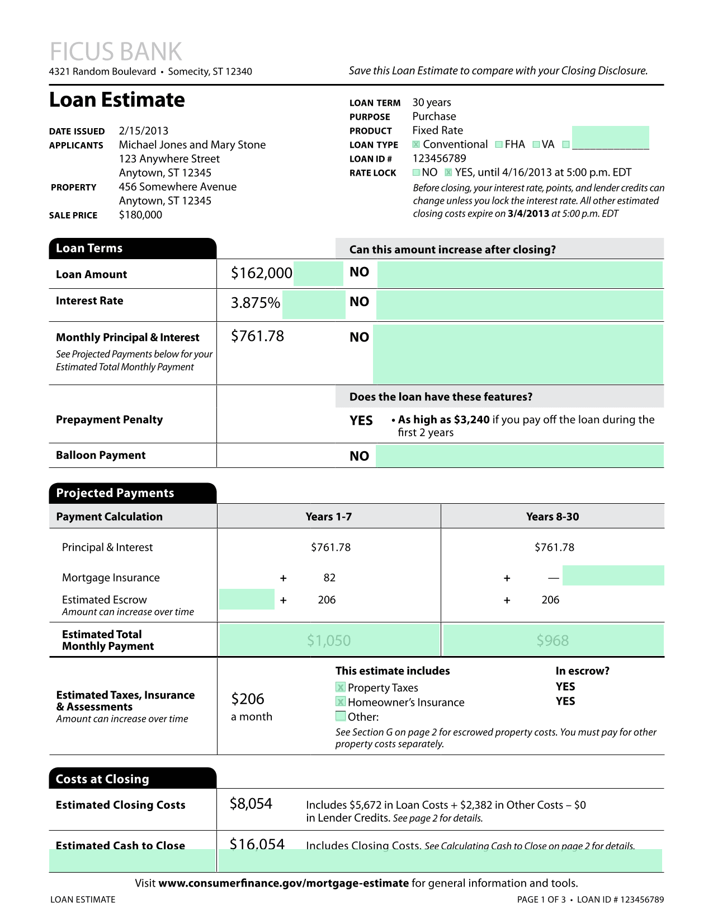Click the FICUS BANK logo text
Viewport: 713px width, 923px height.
pos(116,51)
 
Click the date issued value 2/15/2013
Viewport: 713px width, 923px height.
pos(143,131)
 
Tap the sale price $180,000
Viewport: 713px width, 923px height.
pos(140,215)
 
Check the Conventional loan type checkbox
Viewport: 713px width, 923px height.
pos(416,144)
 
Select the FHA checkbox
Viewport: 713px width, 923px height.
pos(499,144)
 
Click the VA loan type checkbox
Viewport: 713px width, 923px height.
pos(536,144)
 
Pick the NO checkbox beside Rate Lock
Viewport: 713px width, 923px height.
pos(416,172)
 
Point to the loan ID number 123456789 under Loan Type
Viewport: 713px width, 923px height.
pos(439,158)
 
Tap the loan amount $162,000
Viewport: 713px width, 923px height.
pos(261,273)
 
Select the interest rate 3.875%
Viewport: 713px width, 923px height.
pos(255,303)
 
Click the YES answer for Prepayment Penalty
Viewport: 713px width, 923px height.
pos(361,420)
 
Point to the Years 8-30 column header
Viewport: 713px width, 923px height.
pos(552,517)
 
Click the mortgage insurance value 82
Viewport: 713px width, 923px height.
pos(329,578)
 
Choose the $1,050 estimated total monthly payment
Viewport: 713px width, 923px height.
pos(329,640)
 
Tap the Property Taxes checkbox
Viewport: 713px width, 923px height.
pos(340,687)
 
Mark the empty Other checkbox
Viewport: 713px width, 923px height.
pos(340,716)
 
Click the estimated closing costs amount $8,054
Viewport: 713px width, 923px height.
pos(251,804)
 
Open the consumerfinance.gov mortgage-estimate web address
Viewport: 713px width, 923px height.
pos(284,883)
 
